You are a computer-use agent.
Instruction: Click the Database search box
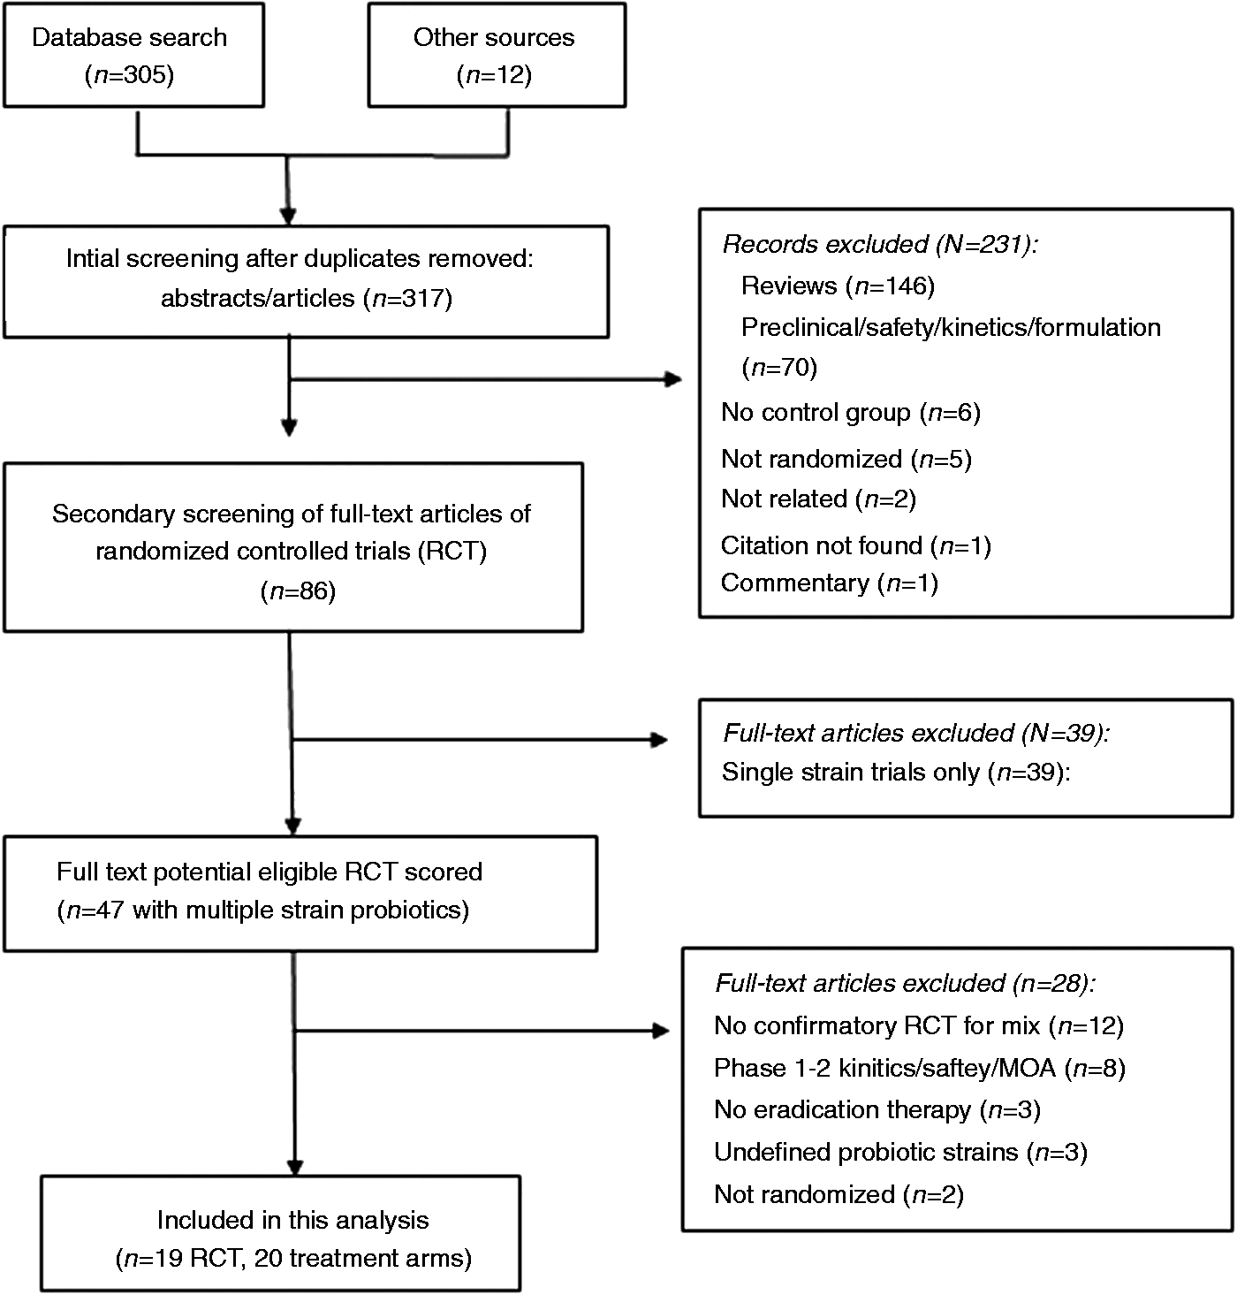click(x=133, y=55)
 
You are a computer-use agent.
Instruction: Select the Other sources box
click(x=497, y=55)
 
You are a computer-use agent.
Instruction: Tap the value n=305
click(x=130, y=74)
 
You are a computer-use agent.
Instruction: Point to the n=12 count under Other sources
click(x=494, y=74)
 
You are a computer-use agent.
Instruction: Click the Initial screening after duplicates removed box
click(x=306, y=282)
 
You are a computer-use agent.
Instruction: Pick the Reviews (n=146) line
click(x=838, y=286)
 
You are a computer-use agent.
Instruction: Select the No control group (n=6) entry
click(x=851, y=413)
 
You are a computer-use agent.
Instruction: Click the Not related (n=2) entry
click(x=819, y=499)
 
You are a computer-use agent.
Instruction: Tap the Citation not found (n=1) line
click(x=856, y=545)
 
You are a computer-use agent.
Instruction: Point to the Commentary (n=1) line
click(x=830, y=583)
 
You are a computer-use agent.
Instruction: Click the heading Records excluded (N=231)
click(x=881, y=245)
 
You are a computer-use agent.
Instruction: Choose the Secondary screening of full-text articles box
click(x=293, y=547)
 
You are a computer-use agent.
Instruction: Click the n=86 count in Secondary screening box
click(x=298, y=591)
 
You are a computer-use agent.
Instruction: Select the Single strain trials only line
click(x=896, y=772)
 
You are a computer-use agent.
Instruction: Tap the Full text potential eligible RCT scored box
click(x=300, y=894)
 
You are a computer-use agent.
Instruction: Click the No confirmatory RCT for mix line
click(x=919, y=1025)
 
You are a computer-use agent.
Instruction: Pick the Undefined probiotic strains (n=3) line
click(x=900, y=1152)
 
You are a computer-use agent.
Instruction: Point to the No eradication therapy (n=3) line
click(x=877, y=1109)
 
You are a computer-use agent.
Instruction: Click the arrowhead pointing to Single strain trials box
click(x=659, y=739)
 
